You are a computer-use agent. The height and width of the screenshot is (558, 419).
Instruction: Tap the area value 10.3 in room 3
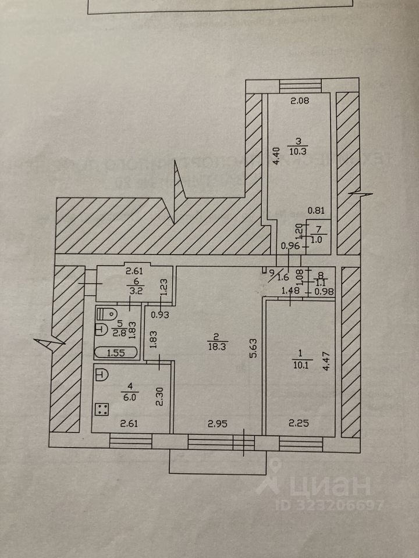pyautogui.click(x=297, y=151)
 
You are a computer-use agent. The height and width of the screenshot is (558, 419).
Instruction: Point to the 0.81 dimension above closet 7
pyautogui.click(x=315, y=212)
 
